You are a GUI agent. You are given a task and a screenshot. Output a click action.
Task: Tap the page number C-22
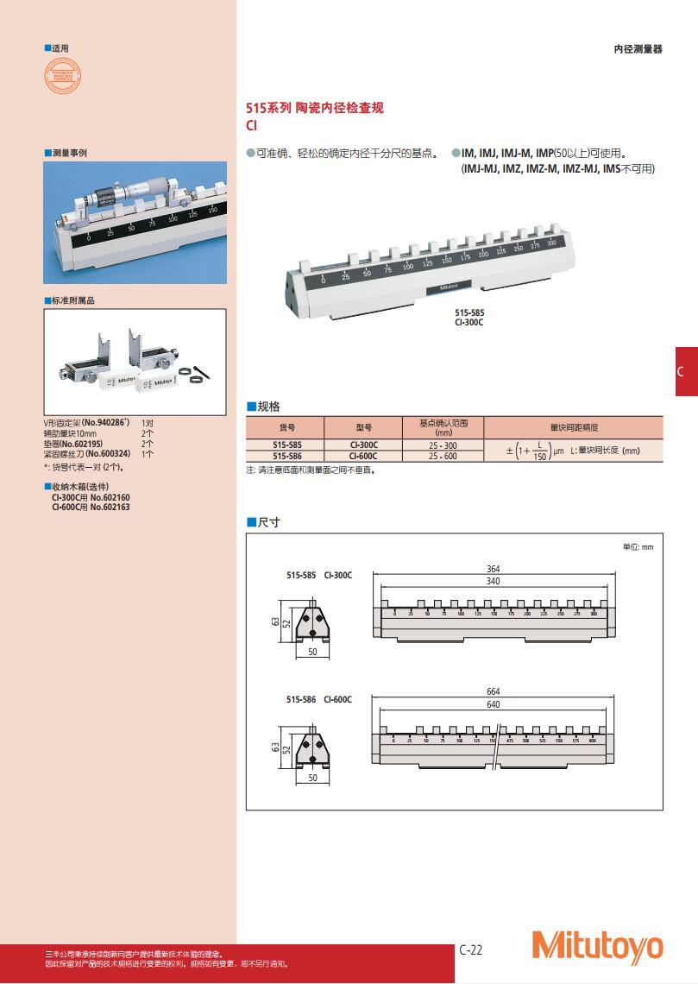471,949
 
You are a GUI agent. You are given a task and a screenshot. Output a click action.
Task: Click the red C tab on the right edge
686,371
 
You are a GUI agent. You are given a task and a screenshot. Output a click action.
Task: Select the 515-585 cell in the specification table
286,445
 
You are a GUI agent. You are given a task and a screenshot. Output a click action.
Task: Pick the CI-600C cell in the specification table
363,456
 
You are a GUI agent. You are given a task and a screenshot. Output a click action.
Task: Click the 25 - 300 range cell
443,445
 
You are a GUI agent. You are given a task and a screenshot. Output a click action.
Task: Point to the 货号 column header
286,427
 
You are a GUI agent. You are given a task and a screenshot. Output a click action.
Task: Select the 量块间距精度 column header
573,427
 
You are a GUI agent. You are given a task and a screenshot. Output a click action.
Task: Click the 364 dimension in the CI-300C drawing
494,570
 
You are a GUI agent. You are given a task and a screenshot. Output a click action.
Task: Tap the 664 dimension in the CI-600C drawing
494,691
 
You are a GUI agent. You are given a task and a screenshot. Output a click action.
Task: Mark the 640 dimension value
494,704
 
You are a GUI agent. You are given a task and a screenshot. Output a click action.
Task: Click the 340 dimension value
494,582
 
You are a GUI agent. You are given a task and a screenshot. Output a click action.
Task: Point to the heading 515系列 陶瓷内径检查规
315,109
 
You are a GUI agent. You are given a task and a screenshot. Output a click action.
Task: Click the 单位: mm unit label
638,547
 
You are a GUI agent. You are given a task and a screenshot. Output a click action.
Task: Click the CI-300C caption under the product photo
469,321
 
